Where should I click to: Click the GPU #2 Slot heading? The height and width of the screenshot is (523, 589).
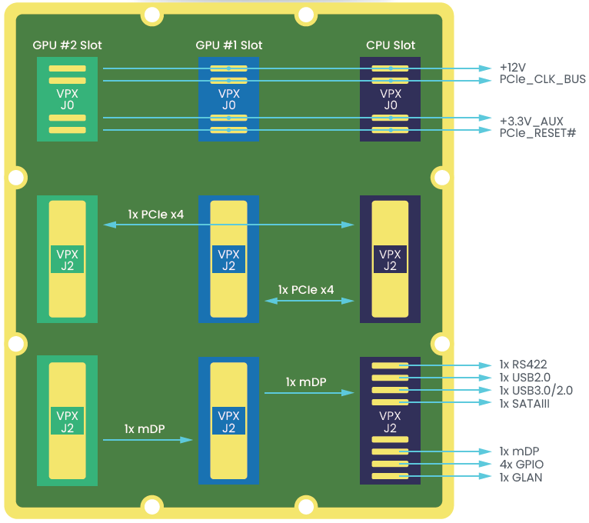pyautogui.click(x=68, y=45)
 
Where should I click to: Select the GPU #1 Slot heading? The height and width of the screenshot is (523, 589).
pyautogui.click(x=229, y=45)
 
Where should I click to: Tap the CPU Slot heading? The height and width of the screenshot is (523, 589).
pyautogui.click(x=391, y=45)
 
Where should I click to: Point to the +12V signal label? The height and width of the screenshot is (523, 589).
pyautogui.click(x=514, y=67)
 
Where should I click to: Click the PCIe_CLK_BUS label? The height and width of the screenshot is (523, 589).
pyautogui.click(x=542, y=79)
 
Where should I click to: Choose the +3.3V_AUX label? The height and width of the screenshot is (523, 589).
pyautogui.click(x=531, y=121)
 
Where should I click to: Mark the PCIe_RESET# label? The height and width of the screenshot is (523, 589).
pyautogui.click(x=537, y=132)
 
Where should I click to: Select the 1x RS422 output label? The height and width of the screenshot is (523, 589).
pyautogui.click(x=523, y=365)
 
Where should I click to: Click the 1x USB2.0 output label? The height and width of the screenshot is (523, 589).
pyautogui.click(x=525, y=378)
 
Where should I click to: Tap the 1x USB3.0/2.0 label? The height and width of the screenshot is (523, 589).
pyautogui.click(x=536, y=391)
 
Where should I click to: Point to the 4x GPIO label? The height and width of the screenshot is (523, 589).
pyautogui.click(x=521, y=465)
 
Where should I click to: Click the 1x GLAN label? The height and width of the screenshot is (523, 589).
pyautogui.click(x=521, y=478)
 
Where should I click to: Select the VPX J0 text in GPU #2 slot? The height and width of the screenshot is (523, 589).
pyautogui.click(x=68, y=99)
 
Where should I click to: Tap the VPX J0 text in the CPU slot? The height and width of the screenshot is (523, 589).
pyautogui.click(x=391, y=99)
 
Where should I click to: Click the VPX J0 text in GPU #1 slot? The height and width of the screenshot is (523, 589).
pyautogui.click(x=229, y=99)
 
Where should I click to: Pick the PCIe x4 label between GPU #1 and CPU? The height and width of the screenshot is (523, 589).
pyautogui.click(x=306, y=290)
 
